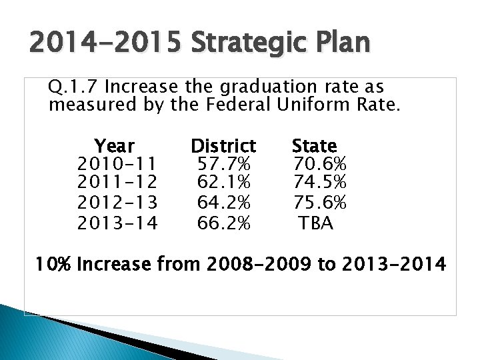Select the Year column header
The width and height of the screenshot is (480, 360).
tap(114, 145)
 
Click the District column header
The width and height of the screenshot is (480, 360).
tap(223, 145)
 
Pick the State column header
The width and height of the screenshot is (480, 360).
tap(315, 145)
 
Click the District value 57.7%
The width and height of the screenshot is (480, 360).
tap(224, 164)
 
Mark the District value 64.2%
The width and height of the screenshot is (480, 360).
tap(224, 203)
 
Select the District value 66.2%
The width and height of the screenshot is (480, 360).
tap(224, 222)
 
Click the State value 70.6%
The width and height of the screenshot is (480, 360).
tap(319, 164)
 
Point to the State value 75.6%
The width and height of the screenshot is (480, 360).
tap(319, 203)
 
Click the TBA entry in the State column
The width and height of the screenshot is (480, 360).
tap(316, 222)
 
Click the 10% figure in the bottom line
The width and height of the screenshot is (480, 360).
tap(54, 265)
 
